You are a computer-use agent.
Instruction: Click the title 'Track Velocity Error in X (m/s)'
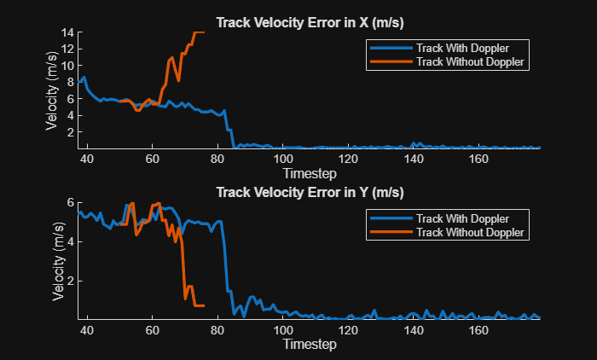pos(310,22)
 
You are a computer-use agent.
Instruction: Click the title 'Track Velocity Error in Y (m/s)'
pos(310,191)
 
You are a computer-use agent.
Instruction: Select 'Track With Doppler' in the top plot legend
pos(464,47)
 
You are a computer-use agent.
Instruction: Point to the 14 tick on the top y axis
pos(68,32)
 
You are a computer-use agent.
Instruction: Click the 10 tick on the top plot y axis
pos(68,66)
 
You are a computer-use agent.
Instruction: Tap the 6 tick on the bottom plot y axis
pos(71,202)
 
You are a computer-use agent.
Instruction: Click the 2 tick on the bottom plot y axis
pos(71,280)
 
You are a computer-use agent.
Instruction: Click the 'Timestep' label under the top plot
pos(310,171)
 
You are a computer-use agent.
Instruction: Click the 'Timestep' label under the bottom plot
pos(310,344)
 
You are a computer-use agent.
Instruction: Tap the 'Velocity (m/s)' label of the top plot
pos(52,90)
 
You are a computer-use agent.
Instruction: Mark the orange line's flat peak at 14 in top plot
pos(199,32)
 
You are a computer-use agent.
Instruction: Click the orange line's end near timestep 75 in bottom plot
pos(203,305)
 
